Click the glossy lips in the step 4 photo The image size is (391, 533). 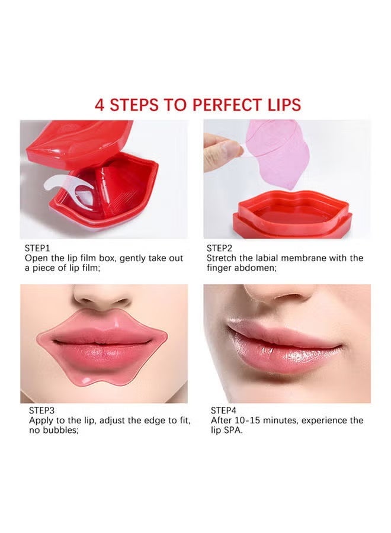284,349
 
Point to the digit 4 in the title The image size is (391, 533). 100,105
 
